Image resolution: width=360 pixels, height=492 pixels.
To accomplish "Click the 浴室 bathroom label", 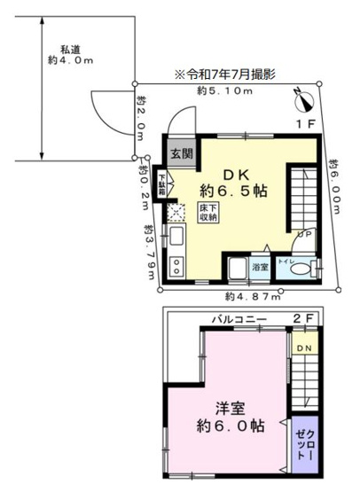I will (260, 267).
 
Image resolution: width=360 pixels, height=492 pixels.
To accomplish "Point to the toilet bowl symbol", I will (300, 269).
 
